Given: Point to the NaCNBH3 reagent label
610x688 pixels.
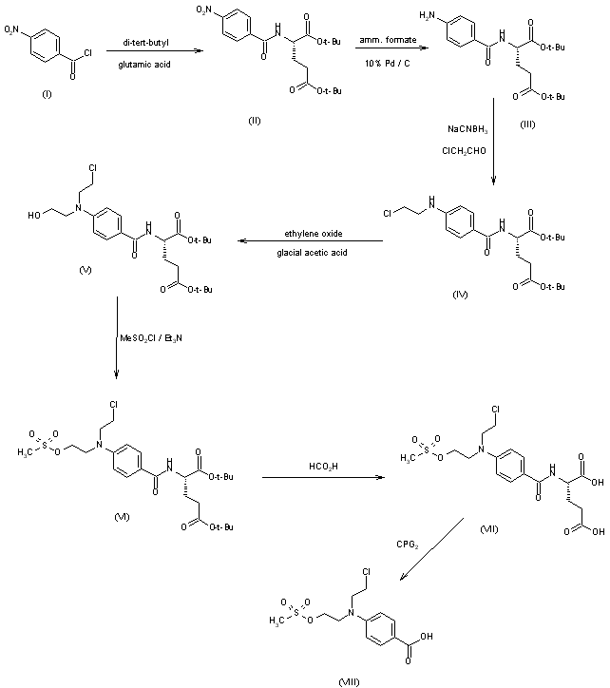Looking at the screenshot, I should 467,128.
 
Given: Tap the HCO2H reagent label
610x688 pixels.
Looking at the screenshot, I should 321,467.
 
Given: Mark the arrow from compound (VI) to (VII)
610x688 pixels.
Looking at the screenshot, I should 321,480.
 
